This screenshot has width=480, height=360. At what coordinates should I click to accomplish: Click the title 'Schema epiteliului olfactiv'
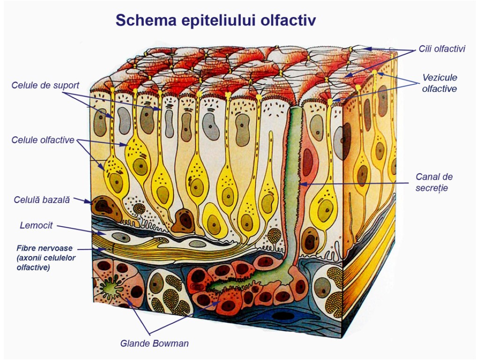click(216, 20)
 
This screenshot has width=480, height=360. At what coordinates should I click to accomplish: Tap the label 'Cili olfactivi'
click(442, 49)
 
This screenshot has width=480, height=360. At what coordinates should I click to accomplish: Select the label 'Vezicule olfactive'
click(439, 83)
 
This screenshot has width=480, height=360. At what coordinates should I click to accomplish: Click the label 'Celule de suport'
click(45, 85)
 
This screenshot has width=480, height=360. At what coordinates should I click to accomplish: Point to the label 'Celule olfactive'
click(43, 140)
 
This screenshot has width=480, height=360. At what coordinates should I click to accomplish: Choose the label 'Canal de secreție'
click(434, 182)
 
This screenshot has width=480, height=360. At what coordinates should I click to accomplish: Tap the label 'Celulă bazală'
click(42, 200)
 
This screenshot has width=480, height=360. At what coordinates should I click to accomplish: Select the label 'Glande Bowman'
click(154, 343)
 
